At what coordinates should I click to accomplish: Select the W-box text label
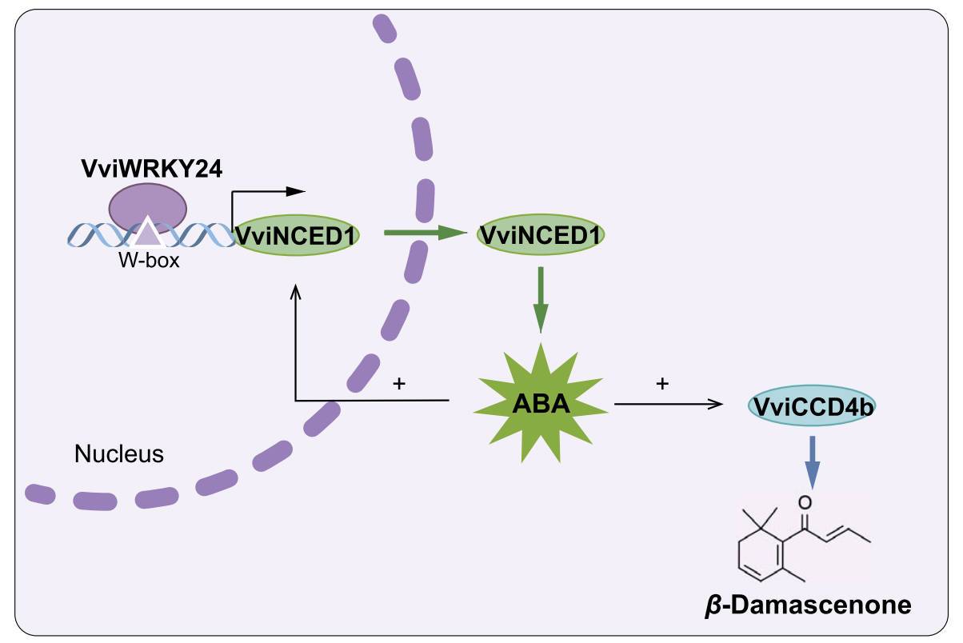tap(148, 260)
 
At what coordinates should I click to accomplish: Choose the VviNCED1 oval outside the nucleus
tap(541, 235)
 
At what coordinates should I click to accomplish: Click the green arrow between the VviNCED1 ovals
tap(424, 233)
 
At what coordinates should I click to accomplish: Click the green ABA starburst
tap(541, 402)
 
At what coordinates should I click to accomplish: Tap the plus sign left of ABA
tap(399, 383)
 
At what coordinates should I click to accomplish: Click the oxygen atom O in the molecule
tap(805, 503)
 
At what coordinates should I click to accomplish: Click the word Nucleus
tap(118, 454)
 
